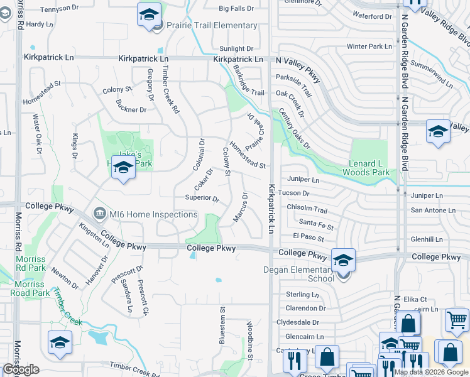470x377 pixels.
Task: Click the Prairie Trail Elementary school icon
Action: [149, 14]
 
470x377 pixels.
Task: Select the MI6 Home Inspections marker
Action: [99, 214]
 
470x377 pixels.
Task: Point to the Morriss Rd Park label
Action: [30, 263]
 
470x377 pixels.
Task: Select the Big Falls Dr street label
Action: [236, 9]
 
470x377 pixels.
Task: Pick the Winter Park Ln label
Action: [369, 46]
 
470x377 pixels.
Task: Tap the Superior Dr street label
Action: [202, 199]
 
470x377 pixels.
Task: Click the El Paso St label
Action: [308, 239]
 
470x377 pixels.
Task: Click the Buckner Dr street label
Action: [131, 109]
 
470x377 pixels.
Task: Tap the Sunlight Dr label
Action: [236, 48]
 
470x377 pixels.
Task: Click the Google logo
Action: [21, 369]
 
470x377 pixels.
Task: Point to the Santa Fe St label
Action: [316, 222]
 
